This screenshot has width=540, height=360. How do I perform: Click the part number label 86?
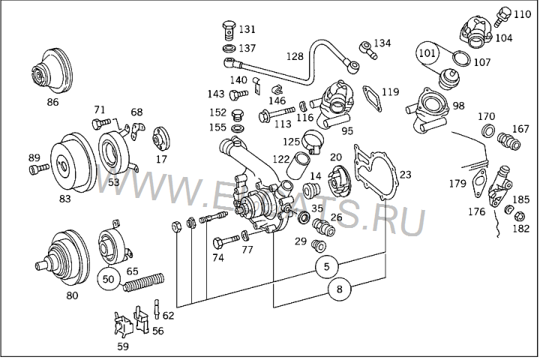(x=53, y=101)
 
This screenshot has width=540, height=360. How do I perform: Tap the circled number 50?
(x=109, y=278)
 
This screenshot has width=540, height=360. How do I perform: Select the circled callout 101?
(x=427, y=54)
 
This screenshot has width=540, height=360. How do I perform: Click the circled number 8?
(x=340, y=287)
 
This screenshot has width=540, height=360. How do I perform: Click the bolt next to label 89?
(x=37, y=170)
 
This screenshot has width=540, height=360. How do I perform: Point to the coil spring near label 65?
(x=142, y=284)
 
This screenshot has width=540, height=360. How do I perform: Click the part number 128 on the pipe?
(x=295, y=56)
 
